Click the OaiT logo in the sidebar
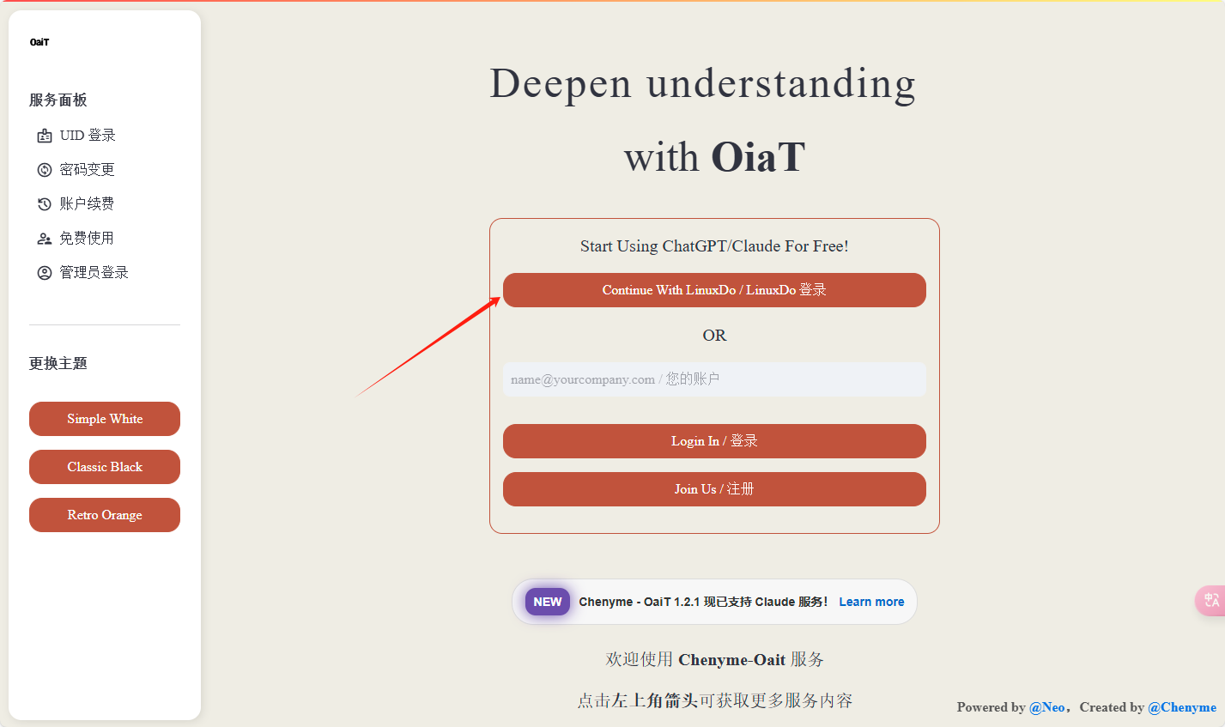[39, 42]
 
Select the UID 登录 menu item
[76, 135]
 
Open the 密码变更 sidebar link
[76, 169]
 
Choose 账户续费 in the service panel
[76, 204]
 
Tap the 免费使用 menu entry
[76, 239]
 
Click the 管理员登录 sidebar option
[82, 272]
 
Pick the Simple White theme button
[105, 419]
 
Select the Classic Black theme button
[105, 467]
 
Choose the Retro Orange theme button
[105, 515]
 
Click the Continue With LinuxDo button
[714, 290]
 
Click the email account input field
[714, 379]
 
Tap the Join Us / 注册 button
[714, 489]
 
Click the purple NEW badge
[548, 602]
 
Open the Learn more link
[871, 602]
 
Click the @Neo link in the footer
[1046, 707]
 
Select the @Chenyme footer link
[1182, 707]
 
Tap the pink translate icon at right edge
[1211, 601]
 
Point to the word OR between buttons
[714, 335]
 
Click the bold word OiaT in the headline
[758, 157]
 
